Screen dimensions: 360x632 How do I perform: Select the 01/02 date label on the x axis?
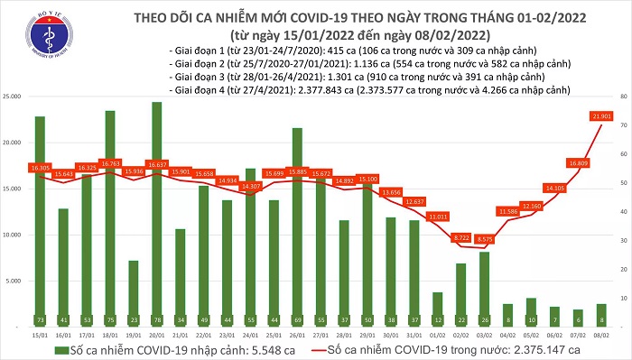pos(438,335)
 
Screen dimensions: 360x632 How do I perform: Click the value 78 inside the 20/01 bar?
pos(157,319)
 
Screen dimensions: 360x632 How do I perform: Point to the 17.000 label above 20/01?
pos(157,165)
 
